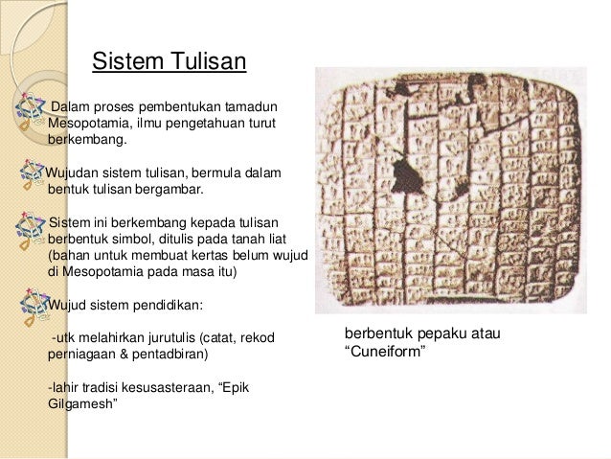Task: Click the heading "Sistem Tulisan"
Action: (170, 63)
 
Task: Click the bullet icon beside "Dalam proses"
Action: (36, 104)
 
